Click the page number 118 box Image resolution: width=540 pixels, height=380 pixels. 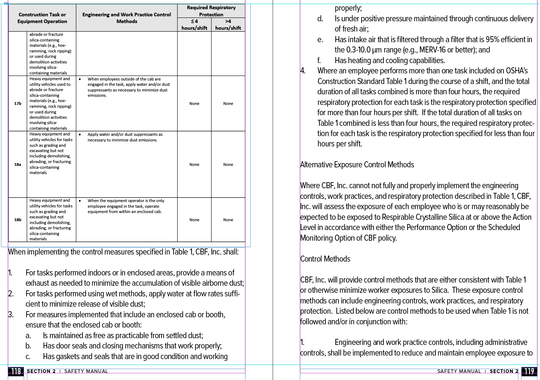16,371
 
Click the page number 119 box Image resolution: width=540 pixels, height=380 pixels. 529,371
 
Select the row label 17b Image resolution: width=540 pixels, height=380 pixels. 18,104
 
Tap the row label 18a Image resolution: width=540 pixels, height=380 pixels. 18,164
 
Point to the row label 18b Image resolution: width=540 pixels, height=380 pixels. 18,220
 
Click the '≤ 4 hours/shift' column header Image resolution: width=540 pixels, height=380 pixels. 194,24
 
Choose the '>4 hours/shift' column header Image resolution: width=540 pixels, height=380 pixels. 228,24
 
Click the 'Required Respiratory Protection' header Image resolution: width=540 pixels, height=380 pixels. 211,11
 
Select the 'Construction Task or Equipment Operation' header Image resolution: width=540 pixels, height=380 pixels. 42,18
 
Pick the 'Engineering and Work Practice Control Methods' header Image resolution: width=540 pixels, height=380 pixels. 126,18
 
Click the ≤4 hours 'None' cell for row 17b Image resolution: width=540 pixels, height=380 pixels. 194,104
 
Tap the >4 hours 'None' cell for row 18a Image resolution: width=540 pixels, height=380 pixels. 228,164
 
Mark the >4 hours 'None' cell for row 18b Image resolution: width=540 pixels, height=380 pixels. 228,220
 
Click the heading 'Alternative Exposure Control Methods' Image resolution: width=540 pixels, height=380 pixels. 357,165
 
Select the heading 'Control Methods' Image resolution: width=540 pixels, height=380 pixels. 325,259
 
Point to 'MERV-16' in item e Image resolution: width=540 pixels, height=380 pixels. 432,50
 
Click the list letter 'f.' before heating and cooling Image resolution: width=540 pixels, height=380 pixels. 319,61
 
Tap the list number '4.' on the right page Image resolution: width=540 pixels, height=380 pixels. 303,71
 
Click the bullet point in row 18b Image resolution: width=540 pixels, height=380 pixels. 80,201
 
